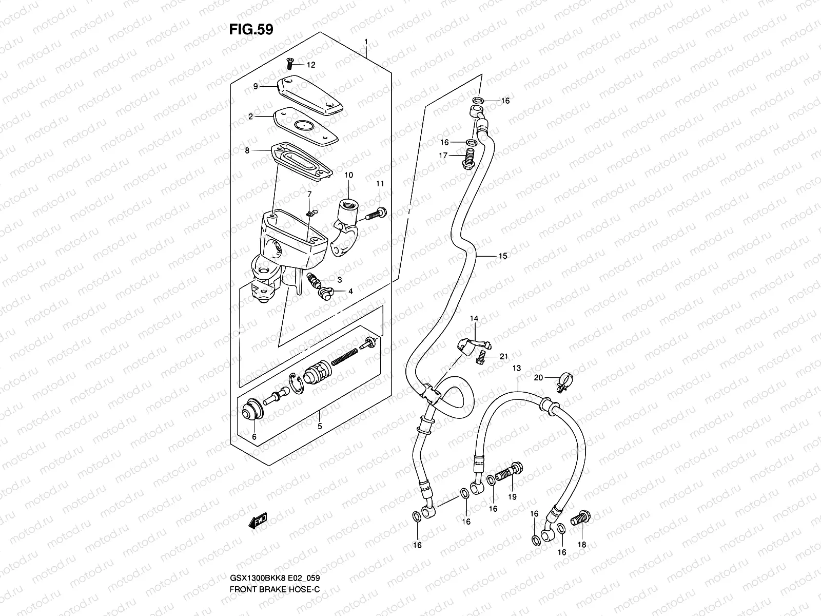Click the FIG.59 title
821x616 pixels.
(x=251, y=30)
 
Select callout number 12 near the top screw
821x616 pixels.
(x=311, y=65)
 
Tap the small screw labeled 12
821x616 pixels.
(x=289, y=63)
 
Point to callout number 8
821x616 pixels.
(x=247, y=151)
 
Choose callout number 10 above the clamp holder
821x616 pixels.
(x=349, y=176)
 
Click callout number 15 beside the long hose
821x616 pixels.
(x=502, y=256)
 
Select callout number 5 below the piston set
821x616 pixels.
(x=319, y=426)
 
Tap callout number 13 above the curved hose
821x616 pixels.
(x=516, y=369)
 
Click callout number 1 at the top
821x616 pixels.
(x=366, y=41)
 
